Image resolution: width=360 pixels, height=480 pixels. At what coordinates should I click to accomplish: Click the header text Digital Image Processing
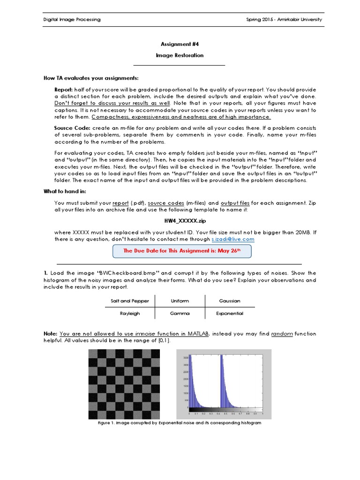72,20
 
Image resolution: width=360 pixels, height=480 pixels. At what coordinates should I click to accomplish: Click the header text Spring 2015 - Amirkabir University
284,20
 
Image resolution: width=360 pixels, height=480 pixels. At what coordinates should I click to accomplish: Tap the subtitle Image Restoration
180,55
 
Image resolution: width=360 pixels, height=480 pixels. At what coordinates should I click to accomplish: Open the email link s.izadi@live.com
232,239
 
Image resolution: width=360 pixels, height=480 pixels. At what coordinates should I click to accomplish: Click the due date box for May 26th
182,251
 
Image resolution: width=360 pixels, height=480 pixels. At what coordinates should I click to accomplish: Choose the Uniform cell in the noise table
180,301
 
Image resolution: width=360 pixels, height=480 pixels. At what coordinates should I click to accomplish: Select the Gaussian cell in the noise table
229,301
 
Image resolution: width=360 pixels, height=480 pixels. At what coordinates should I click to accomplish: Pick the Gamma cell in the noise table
180,314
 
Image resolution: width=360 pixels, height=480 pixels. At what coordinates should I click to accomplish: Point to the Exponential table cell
229,314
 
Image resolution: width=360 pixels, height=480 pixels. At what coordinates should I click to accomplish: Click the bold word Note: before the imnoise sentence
50,334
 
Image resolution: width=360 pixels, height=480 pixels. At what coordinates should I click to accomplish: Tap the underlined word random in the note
282,334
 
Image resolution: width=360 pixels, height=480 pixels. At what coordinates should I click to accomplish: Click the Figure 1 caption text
180,423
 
